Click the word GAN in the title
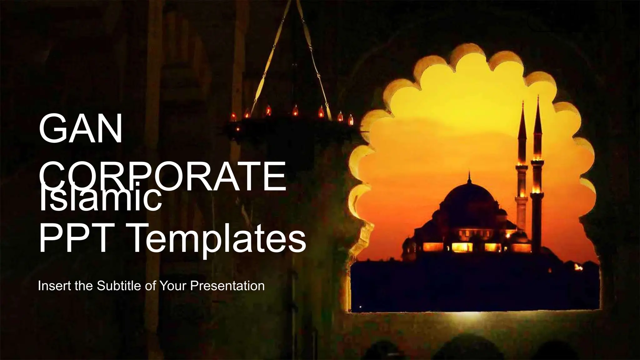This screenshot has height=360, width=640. tap(81, 129)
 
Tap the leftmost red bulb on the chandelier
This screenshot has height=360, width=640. tap(233, 116)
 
